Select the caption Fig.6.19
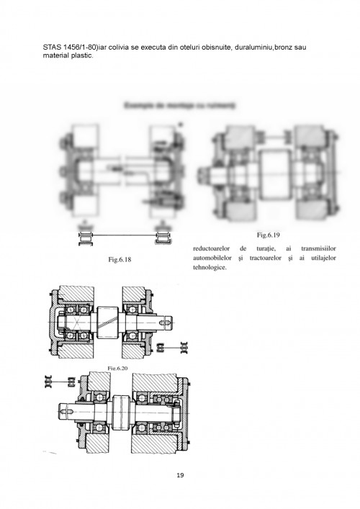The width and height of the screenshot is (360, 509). tap(272, 235)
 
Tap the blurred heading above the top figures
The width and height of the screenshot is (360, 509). tap(180, 106)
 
